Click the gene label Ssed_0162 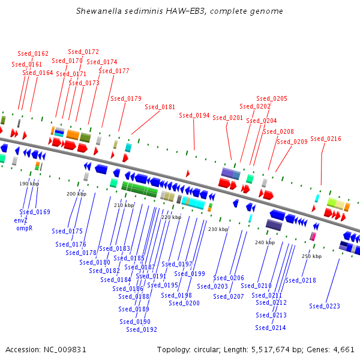click(33, 54)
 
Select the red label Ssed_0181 click(160, 107)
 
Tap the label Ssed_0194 click(194, 115)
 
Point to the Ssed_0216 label click(326, 139)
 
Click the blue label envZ click(21, 220)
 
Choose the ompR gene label click(24, 228)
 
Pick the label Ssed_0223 click(325, 306)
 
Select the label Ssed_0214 click(271, 328)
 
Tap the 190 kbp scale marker click(29, 184)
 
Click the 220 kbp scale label click(171, 217)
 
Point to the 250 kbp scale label click(311, 256)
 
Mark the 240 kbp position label click(265, 242)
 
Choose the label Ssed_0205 click(272, 98)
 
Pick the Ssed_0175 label click(67, 231)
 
